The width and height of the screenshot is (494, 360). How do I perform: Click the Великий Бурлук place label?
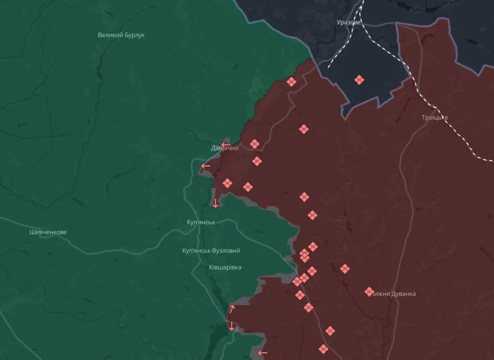[x=121, y=35]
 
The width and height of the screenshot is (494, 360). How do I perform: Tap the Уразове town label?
[x=348, y=23]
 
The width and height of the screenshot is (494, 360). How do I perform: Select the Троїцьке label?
[x=435, y=117]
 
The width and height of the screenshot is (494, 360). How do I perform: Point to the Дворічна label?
[x=224, y=148]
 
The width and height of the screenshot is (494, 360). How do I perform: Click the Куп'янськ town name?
[x=201, y=222]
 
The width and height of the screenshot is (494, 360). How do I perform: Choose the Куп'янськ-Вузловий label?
[x=211, y=250]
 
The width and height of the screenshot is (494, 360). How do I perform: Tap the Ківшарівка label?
[x=225, y=267]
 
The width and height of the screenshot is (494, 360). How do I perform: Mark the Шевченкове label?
[x=48, y=232]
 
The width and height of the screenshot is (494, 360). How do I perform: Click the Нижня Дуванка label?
[x=394, y=294]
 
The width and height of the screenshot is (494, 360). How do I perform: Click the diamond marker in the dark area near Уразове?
[x=359, y=80]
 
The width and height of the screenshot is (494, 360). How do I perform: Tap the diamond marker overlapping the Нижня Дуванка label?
[x=369, y=292]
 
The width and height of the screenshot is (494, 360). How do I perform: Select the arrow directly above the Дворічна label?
[x=225, y=145]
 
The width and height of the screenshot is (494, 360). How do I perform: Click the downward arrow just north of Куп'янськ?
[x=216, y=203]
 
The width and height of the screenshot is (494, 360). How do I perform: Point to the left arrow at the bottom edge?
[x=262, y=353]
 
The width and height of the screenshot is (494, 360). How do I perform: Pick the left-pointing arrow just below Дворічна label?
[x=206, y=166]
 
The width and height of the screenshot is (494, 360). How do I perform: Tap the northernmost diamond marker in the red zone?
[x=291, y=82]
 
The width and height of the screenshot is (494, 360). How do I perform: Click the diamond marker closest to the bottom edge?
[x=323, y=349]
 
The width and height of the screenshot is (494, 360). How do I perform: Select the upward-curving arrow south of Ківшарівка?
[x=232, y=310]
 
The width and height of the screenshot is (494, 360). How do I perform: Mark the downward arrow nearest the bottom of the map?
[x=232, y=325]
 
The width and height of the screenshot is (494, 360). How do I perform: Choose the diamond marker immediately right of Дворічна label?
[x=255, y=144]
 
